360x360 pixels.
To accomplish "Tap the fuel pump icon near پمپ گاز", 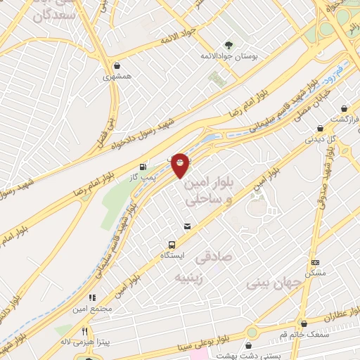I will [x=144, y=167].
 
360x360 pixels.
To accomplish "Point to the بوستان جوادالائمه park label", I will [x=229, y=53].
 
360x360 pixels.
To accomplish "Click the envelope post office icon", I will [x=188, y=226].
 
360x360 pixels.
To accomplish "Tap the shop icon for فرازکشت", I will [x=344, y=109].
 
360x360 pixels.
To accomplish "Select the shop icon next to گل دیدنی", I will [x=320, y=129].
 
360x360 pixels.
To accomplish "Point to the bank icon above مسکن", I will [x=314, y=262].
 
